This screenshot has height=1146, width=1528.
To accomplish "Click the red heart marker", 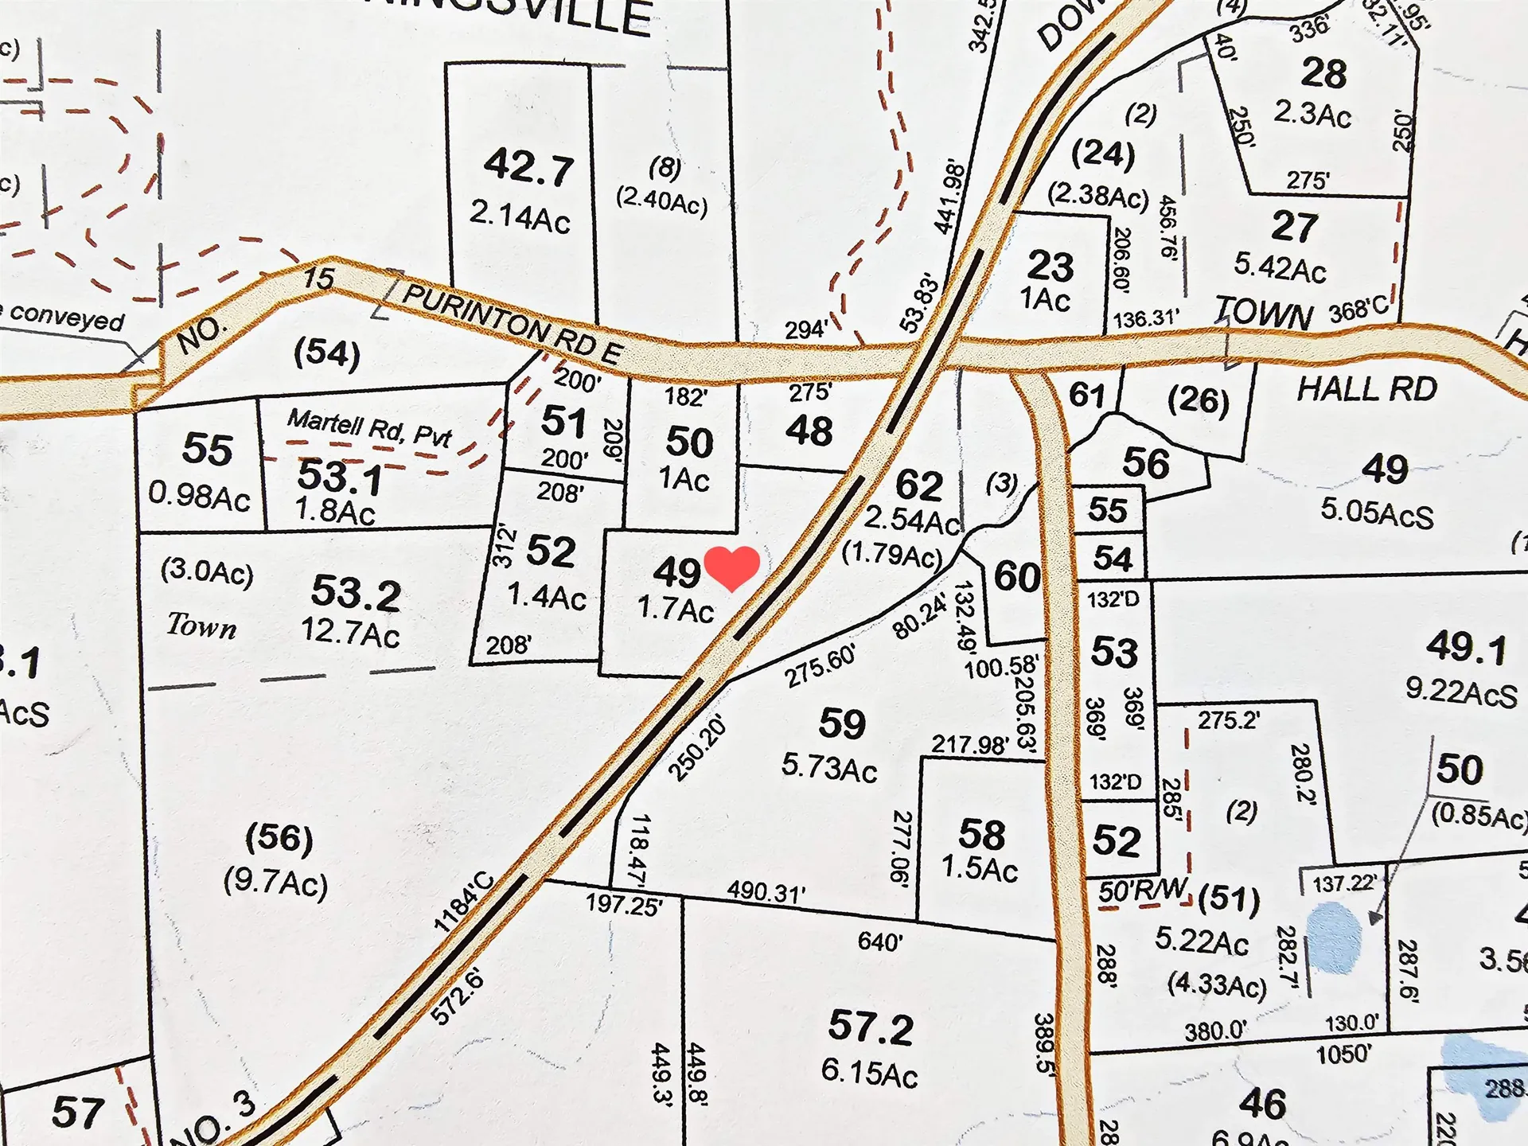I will tap(732, 567).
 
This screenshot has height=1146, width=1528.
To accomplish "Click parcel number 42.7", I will tap(528, 167).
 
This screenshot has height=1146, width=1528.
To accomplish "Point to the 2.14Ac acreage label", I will tap(520, 216).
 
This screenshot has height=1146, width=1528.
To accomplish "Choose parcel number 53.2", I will tap(356, 593).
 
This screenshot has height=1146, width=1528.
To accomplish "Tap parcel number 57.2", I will tap(870, 1027).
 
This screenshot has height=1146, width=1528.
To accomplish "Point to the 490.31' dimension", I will tap(766, 892).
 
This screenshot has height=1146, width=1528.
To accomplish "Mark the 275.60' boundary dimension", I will tap(820, 665).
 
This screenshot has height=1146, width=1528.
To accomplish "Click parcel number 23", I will tap(1050, 266).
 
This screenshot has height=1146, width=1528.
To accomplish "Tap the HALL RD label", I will tap(1366, 390).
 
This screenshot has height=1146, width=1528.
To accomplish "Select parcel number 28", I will tap(1323, 73).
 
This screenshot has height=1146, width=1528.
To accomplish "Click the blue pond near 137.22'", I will tap(1334, 938).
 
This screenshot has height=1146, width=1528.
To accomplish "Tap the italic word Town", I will tap(201, 626).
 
